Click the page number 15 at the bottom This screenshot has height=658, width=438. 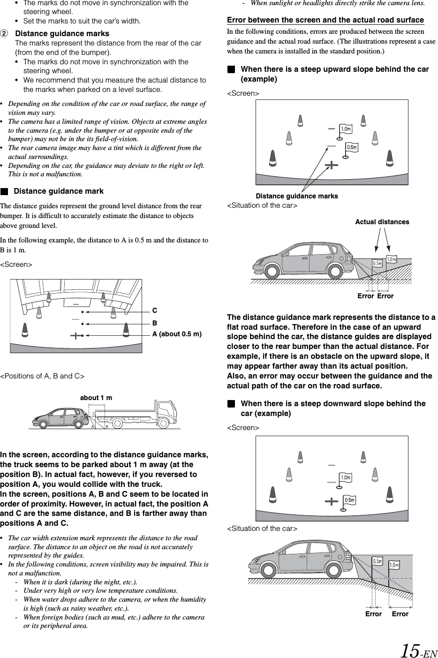point(410,650)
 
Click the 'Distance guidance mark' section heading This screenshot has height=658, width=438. point(59,191)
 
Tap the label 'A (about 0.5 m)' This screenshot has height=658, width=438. point(177,334)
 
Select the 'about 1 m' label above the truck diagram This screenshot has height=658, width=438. point(96,398)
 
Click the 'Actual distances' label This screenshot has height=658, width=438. point(382,222)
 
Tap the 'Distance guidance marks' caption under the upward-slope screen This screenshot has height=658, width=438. point(296,196)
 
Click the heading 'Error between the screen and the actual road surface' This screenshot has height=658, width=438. point(325,20)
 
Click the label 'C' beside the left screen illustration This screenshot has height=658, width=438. point(155,311)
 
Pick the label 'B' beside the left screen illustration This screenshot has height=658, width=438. point(155,324)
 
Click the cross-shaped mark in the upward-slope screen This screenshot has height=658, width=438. point(331,165)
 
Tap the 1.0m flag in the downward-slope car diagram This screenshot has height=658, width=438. point(394,565)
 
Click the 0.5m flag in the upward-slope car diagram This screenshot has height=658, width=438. point(377,263)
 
